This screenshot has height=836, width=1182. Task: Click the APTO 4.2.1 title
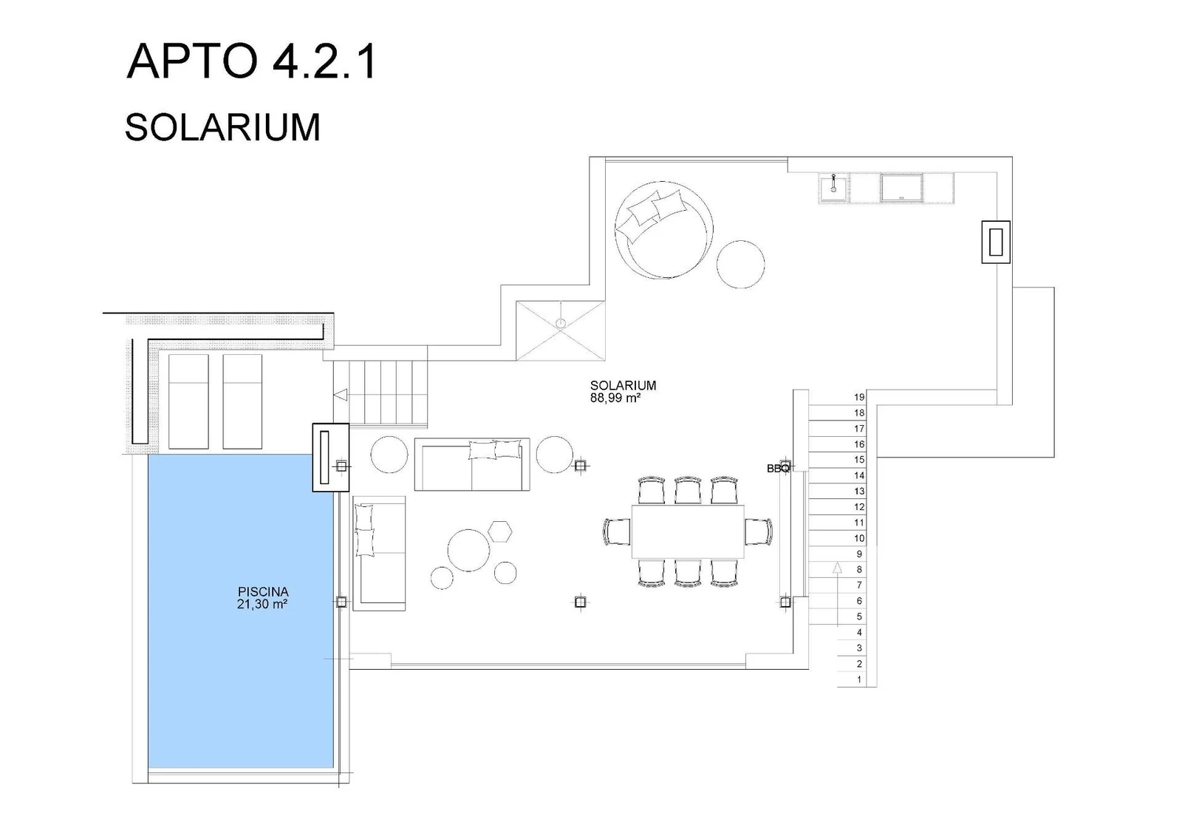[251, 61]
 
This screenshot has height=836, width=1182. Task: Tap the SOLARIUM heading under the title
[222, 127]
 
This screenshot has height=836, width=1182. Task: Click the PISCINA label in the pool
[263, 592]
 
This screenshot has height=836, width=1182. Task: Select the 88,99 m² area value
[615, 398]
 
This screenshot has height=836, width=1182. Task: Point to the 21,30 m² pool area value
[262, 604]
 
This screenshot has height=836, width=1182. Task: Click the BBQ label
[779, 469]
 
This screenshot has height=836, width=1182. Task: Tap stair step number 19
[859, 397]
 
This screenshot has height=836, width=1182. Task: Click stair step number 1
[859, 679]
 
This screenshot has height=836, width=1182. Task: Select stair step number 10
[859, 538]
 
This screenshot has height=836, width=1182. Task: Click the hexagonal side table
[499, 531]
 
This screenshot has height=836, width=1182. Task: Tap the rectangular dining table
[688, 531]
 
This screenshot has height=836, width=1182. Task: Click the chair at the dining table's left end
[616, 531]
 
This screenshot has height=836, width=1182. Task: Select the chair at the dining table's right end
[759, 531]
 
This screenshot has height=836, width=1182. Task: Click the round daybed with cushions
[664, 230]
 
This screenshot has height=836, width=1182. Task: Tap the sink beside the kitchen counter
[833, 188]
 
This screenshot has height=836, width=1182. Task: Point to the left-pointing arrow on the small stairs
[341, 395]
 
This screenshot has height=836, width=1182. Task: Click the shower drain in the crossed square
[561, 323]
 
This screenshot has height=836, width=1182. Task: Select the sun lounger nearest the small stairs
[242, 401]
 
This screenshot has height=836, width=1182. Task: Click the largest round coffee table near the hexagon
[468, 550]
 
